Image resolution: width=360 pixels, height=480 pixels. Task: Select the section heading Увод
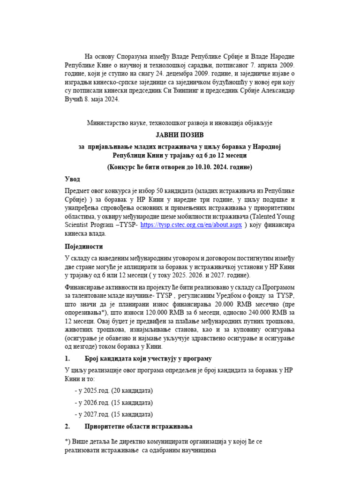(72, 179)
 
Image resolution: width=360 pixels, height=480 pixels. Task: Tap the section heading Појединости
(83, 246)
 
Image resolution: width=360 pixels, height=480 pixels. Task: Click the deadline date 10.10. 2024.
(202, 167)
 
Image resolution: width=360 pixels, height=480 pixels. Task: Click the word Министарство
(110, 123)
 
